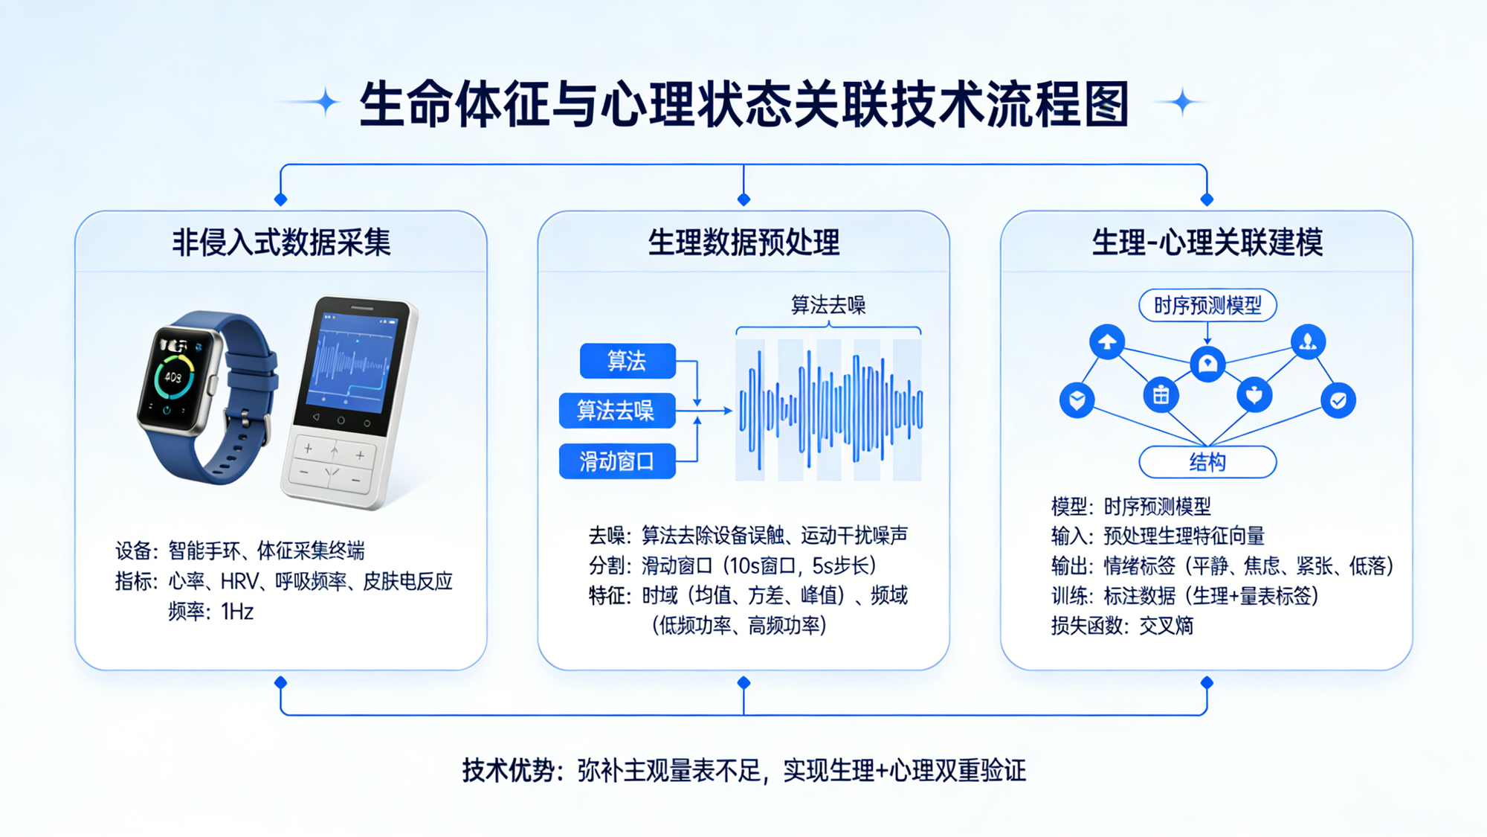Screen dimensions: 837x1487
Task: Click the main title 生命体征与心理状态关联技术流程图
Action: point(743,104)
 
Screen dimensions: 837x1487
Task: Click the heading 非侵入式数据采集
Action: point(281,243)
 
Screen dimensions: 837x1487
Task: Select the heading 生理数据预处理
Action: point(743,243)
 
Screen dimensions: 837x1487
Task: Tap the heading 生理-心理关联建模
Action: point(1207,243)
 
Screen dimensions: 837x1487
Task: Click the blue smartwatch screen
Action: point(174,379)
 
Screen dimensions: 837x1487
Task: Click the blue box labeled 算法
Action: point(627,361)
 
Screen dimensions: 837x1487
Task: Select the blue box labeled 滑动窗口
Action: point(616,461)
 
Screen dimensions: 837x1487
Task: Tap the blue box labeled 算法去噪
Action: point(616,411)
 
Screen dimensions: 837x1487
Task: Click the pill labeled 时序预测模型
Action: point(1207,305)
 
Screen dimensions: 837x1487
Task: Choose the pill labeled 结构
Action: point(1207,462)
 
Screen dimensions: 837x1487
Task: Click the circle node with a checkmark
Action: point(1338,401)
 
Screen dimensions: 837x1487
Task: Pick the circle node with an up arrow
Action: point(1107,342)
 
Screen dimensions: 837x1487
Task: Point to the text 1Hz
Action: point(237,612)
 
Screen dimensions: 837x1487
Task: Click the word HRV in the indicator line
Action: point(239,581)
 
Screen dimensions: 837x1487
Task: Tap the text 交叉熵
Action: point(1166,626)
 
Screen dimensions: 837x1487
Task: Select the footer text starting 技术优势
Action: point(743,771)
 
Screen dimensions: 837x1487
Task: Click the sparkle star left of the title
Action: point(325,102)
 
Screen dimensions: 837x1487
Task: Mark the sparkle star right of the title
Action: point(1182,102)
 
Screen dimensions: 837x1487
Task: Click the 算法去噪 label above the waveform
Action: point(828,305)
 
